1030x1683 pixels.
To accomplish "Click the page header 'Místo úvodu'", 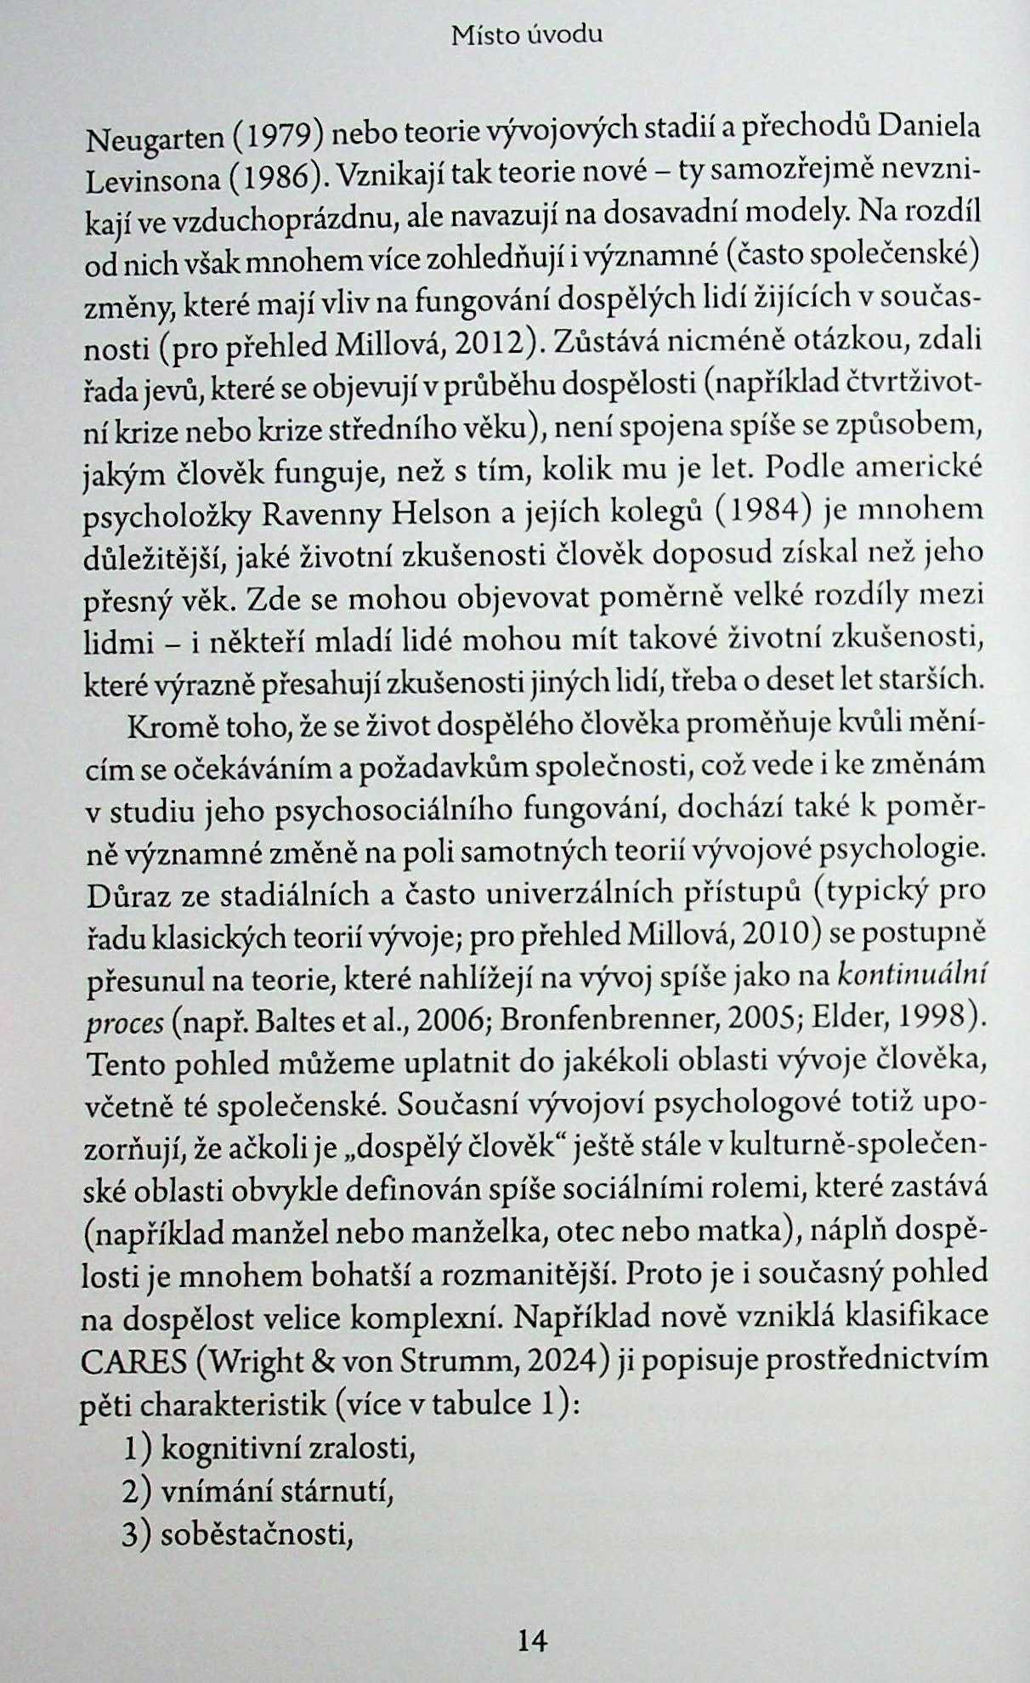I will point(527,35).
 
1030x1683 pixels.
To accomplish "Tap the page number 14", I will point(532,1640).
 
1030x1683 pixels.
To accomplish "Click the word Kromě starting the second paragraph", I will point(166,727).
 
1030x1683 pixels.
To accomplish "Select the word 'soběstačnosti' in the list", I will point(256,1534).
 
